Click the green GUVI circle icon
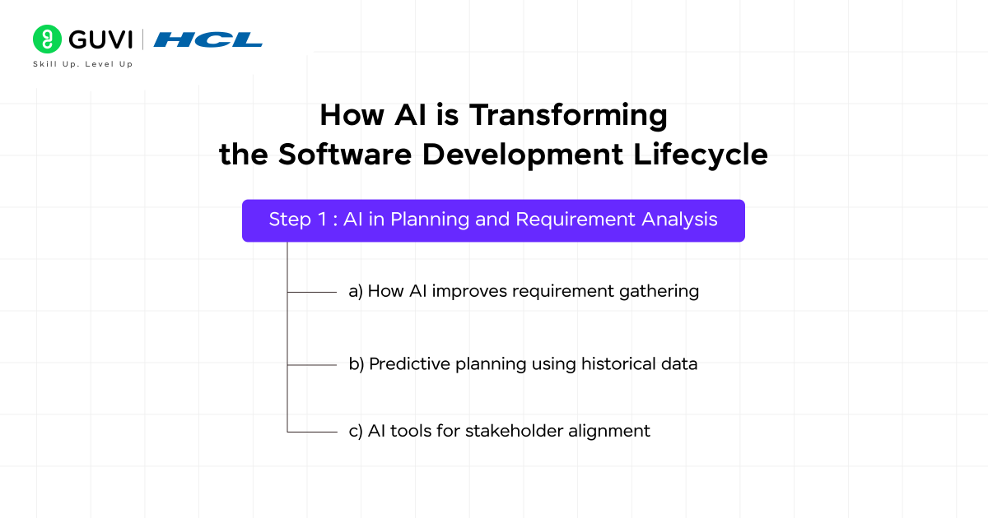pos(48,39)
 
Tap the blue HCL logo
pos(208,39)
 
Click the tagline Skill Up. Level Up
pos(82,64)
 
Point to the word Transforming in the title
pos(568,115)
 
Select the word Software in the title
pos(347,155)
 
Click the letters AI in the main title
pos(401,115)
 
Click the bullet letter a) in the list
pos(356,291)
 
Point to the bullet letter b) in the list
pos(357,363)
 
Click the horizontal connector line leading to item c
pos(313,431)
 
